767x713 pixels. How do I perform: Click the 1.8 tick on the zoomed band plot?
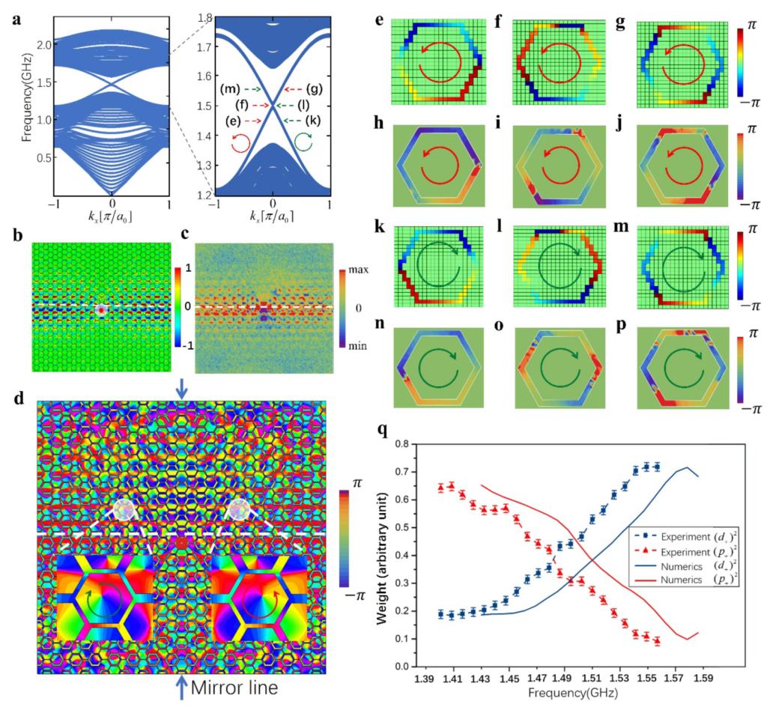[x=203, y=16]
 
